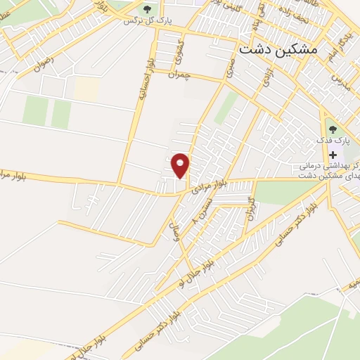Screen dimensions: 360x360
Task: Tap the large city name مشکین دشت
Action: coord(278,50)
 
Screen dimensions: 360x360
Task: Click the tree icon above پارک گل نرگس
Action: coord(147,9)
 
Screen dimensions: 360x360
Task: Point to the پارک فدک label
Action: coord(333,141)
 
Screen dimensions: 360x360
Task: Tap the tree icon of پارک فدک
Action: coord(333,129)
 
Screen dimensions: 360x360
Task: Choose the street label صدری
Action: coord(229,67)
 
